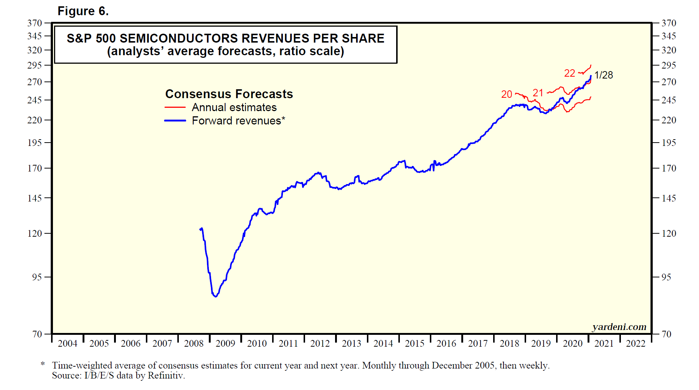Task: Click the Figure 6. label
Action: (x=83, y=11)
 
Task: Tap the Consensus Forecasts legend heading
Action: (x=229, y=94)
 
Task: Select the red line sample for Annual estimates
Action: (x=175, y=107)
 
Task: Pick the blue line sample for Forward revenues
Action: (x=175, y=120)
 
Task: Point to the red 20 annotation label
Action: (x=506, y=94)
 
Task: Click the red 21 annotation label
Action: (x=538, y=93)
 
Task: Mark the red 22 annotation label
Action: (x=569, y=73)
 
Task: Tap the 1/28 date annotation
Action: (x=603, y=75)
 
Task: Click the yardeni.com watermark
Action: (x=619, y=327)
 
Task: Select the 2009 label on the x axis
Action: (x=225, y=344)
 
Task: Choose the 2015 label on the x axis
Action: (x=415, y=344)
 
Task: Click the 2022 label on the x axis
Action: (x=636, y=344)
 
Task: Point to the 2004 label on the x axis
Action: (x=67, y=344)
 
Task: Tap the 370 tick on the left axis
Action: (x=35, y=23)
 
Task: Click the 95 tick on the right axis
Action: (x=666, y=277)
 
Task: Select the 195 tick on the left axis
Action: (x=35, y=143)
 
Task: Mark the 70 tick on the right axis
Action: (x=666, y=334)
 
